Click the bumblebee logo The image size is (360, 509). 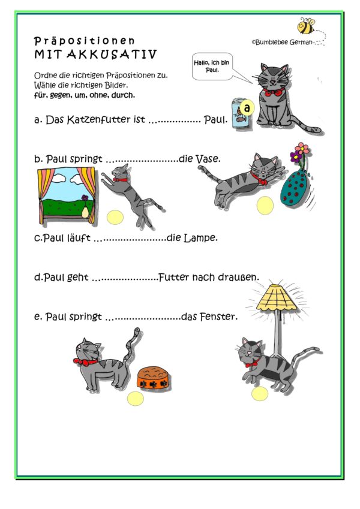(x=307, y=26)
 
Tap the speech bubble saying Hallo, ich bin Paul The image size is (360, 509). (x=211, y=65)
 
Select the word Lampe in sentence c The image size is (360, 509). (x=199, y=238)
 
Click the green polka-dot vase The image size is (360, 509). (x=297, y=188)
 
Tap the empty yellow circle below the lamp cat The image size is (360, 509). (x=260, y=393)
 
